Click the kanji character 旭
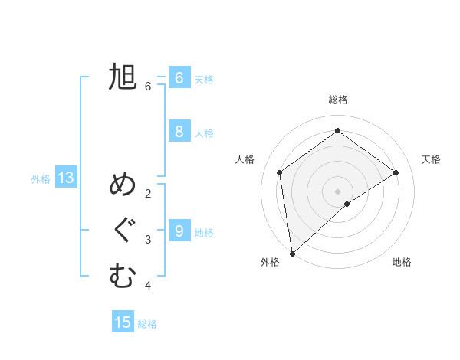pos(123,78)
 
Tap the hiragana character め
pos(123,185)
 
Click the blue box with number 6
pos(179,78)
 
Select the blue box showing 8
pos(179,132)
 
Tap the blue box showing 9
pos(179,231)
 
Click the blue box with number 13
pos(66,178)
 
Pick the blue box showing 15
pos(123,322)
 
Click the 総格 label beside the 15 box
pos(147,324)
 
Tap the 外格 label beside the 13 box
pos(41,179)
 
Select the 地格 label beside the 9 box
pos(204,232)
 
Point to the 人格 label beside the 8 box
pos(204,133)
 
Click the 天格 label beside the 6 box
pos(204,80)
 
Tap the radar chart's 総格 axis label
pos(338,100)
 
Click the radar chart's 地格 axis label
pos(402,262)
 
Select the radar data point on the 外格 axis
pos(292,253)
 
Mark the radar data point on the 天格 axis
pos(396,172)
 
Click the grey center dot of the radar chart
pos(338,191)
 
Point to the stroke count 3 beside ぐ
pos(148,240)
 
